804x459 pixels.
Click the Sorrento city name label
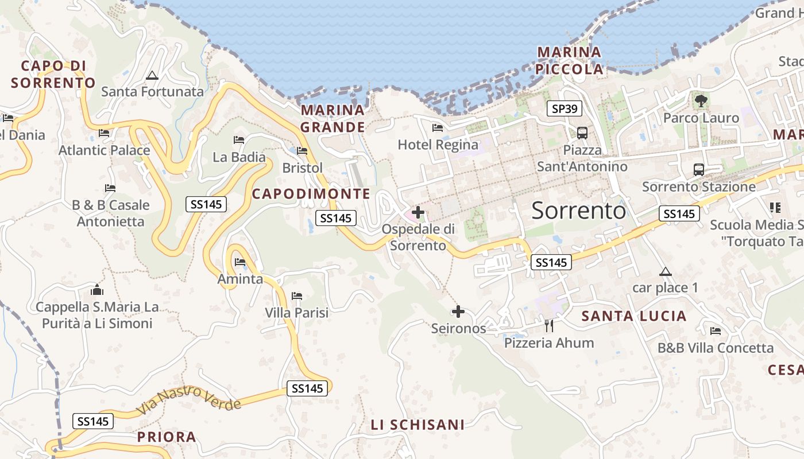(x=578, y=211)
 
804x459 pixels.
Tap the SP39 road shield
(x=565, y=108)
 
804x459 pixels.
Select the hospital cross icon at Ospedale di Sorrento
(x=418, y=212)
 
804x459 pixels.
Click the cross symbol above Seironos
(x=458, y=312)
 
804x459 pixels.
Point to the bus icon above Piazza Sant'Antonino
(x=582, y=133)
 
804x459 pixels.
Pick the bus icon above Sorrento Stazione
(x=699, y=170)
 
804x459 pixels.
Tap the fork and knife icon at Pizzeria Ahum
(x=549, y=326)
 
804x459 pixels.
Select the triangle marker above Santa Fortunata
(x=152, y=75)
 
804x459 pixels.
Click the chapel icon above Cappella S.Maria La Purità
(x=97, y=290)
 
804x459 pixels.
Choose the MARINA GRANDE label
(x=333, y=118)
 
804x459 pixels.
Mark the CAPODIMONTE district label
(x=311, y=194)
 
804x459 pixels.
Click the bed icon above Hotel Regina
(x=438, y=127)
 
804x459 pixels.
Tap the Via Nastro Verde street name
(x=189, y=399)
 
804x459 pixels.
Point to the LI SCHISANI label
(x=418, y=425)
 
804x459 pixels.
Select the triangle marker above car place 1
(x=665, y=271)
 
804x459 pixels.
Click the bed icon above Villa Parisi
(x=297, y=296)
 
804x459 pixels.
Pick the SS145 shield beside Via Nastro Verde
(x=307, y=388)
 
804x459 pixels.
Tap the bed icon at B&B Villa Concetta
(x=716, y=331)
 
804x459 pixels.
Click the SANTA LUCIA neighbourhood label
(x=634, y=316)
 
